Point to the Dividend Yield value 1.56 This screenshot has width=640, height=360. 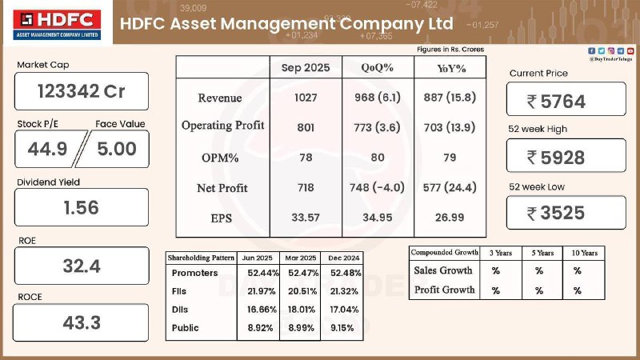pos(81,207)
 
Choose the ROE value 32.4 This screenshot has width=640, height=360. pos(81,266)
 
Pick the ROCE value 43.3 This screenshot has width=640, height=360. pos(81,322)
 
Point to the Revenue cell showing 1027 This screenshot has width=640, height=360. pos(305,98)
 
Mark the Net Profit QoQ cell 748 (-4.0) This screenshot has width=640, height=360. pos(376,188)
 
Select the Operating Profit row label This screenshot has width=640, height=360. pos(222,126)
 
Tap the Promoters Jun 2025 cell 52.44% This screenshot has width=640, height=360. pos(258,273)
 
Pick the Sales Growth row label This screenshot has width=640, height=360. pos(443,271)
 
